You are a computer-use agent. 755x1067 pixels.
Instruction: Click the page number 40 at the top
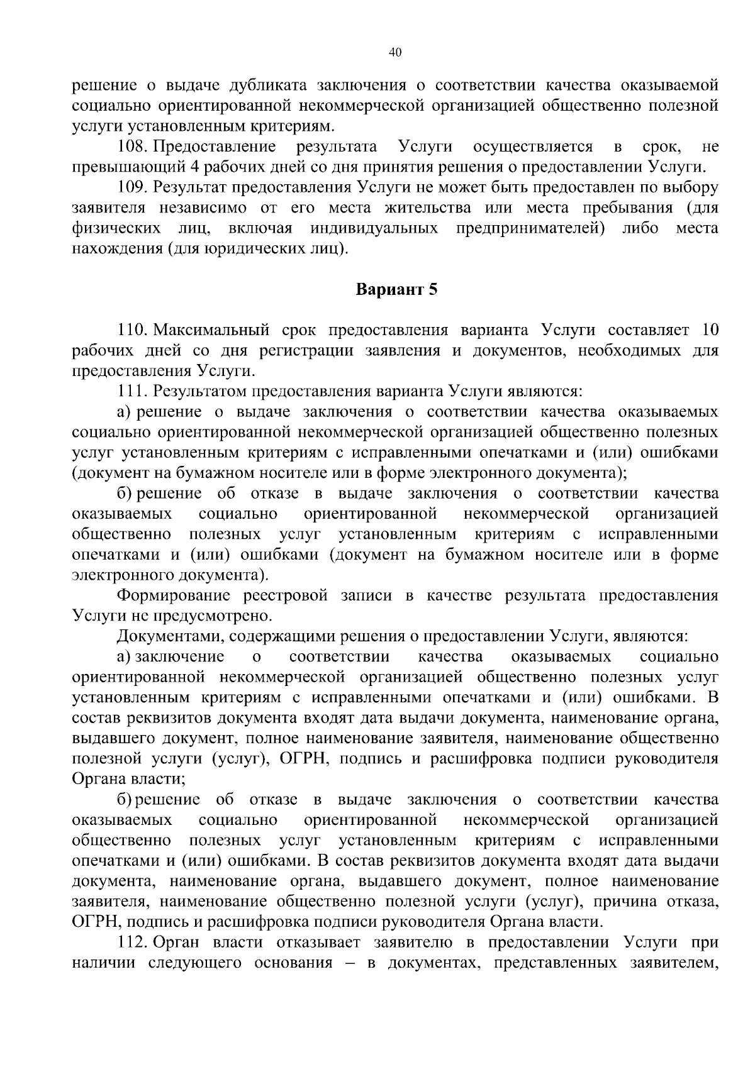point(395,53)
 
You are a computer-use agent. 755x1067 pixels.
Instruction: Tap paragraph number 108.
point(131,147)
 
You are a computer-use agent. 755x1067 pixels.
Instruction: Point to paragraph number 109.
point(131,187)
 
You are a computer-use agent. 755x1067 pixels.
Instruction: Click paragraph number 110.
point(131,330)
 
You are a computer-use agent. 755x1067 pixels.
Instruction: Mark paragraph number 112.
point(131,943)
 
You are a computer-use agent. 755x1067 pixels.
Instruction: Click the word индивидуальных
point(374,228)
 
